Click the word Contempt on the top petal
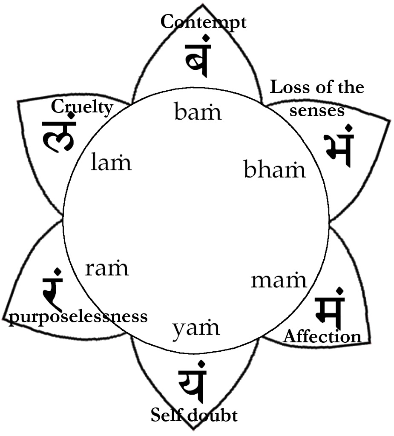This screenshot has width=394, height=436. click(203, 22)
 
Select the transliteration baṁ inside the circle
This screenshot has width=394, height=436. click(198, 112)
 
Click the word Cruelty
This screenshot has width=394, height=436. click(82, 107)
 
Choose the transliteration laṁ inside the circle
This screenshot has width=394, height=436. click(111, 163)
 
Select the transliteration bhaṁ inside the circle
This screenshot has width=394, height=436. click(275, 169)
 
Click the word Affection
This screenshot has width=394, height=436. click(322, 336)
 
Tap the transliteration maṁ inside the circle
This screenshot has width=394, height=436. click(279, 280)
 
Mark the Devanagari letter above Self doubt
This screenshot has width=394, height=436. click(193, 382)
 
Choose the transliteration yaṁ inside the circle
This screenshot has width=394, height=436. click(196, 328)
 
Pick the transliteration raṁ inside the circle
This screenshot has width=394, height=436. click(106, 268)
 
